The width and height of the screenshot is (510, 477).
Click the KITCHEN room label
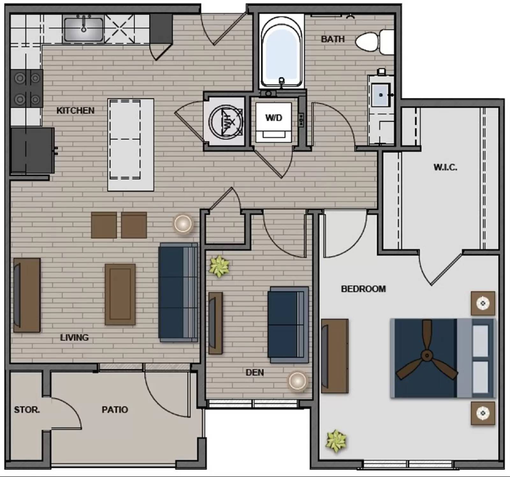tap(75, 111)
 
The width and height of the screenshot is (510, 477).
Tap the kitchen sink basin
tap(84, 29)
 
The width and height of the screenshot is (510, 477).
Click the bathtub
tap(281, 53)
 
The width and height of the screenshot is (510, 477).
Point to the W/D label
tap(274, 118)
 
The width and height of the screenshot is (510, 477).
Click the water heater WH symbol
tap(226, 121)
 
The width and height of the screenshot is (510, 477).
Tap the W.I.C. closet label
tap(445, 167)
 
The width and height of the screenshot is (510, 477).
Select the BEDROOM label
tap(363, 289)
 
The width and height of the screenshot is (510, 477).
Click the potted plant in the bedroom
tap(336, 441)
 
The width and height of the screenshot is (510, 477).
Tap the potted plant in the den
tap(219, 266)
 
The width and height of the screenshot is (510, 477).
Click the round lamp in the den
tap(297, 381)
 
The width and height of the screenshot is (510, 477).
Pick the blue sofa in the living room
tap(178, 292)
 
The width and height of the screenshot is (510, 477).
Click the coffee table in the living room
tap(120, 294)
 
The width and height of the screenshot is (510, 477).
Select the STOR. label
tap(27, 410)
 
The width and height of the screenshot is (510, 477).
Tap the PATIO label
tap(115, 410)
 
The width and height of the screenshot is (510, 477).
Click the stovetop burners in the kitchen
tap(27, 88)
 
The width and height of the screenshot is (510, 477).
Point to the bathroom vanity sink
tap(381, 95)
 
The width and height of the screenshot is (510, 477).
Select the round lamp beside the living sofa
tap(183, 223)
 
